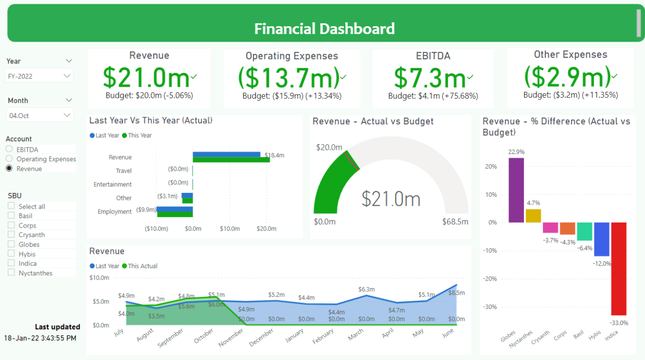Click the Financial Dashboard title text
pos(324,29)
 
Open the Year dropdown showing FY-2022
pos(40,76)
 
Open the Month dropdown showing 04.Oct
pos(40,116)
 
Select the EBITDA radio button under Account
pos(9,149)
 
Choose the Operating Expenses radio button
pos(9,159)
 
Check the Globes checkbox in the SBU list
pos(11,244)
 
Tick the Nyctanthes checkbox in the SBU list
pos(11,273)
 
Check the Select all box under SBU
pos(11,206)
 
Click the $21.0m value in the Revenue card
pos(146,77)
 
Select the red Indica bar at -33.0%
pos(619,268)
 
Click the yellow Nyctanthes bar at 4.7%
pos(533,216)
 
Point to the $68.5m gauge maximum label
pos(455,222)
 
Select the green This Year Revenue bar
pos(231,160)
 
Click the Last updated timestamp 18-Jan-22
pos(40,338)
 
